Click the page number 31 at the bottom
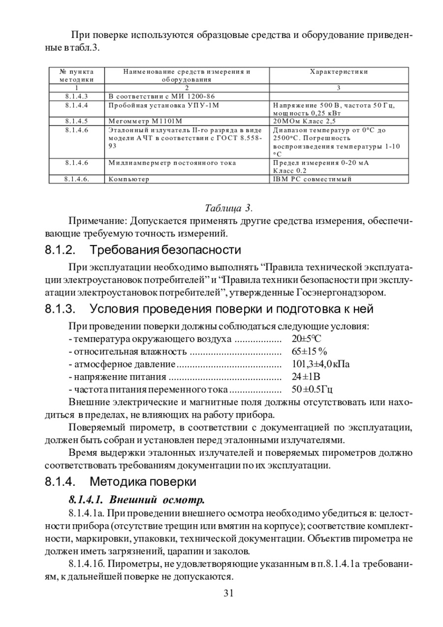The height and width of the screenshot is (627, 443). pos(228,593)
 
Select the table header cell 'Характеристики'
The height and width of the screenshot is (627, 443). pos(339,72)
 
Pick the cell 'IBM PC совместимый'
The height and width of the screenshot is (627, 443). pos(312,179)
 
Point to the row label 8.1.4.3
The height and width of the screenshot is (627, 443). pos(76,96)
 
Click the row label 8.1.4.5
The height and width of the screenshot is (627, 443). pos(76,120)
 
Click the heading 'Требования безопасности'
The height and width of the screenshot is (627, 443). pos(166,250)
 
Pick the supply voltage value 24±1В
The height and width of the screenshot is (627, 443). pos(306,377)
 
